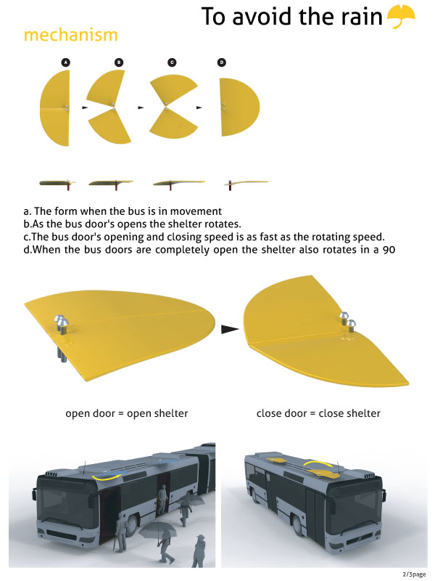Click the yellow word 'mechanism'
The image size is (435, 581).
pyautogui.click(x=70, y=35)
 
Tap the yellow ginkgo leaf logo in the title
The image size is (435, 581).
pyautogui.click(x=401, y=16)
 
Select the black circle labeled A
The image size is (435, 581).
pyautogui.click(x=66, y=62)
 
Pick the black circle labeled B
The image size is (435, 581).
pyautogui.click(x=119, y=62)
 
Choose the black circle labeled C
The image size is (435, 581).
pyautogui.click(x=172, y=62)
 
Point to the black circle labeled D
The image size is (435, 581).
pyautogui.click(x=222, y=62)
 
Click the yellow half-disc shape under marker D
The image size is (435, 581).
pyautogui.click(x=239, y=107)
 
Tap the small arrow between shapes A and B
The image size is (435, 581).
pyautogui.click(x=85, y=107)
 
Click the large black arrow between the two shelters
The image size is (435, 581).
pyautogui.click(x=230, y=329)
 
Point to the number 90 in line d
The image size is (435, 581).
pyautogui.click(x=389, y=250)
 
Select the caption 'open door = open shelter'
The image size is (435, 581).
pyautogui.click(x=126, y=413)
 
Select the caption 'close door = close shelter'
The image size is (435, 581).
pyautogui.click(x=318, y=413)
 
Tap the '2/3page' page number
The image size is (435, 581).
pyautogui.click(x=414, y=574)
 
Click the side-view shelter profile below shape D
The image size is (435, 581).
pyautogui.click(x=246, y=183)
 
